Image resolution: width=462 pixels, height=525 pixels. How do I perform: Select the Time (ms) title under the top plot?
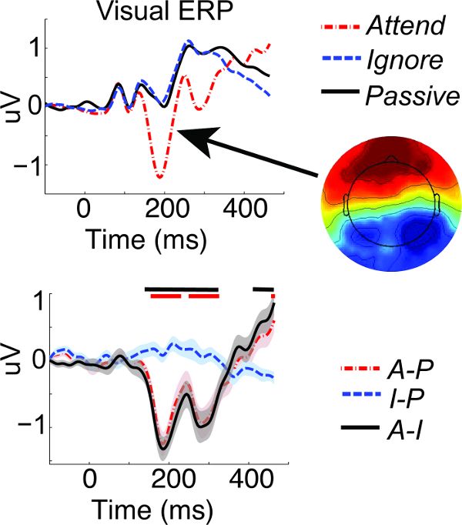click(148, 241)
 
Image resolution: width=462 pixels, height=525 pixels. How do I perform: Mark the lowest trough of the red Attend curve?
click(159, 178)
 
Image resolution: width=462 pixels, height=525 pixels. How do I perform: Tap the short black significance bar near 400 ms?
click(263, 289)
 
